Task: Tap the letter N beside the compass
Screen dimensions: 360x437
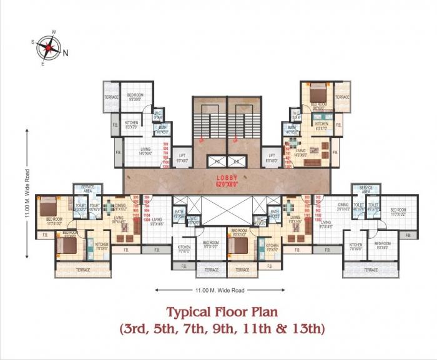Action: pyautogui.click(x=65, y=53)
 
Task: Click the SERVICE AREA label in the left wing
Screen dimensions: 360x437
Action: pyautogui.click(x=84, y=190)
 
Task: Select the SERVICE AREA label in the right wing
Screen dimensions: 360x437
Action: pyautogui.click(x=366, y=190)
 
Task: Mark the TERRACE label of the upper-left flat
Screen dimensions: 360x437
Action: pyautogui.click(x=111, y=97)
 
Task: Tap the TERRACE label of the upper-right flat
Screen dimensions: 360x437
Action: pyautogui.click(x=342, y=97)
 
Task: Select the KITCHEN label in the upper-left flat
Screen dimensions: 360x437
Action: pyautogui.click(x=132, y=123)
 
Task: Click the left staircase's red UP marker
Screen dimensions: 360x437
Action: pyautogui.click(x=201, y=141)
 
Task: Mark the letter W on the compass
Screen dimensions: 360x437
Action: pyautogui.click(x=54, y=31)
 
